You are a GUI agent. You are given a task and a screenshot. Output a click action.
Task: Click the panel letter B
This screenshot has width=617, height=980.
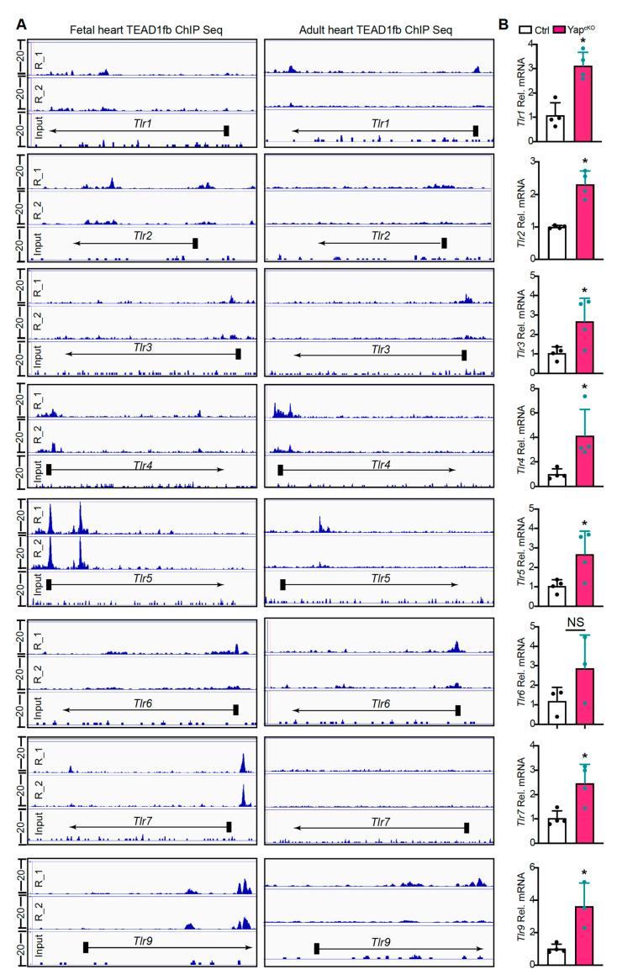pyautogui.click(x=503, y=24)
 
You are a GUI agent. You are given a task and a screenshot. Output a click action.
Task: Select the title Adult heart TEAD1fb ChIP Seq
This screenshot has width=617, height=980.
pyautogui.click(x=375, y=30)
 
